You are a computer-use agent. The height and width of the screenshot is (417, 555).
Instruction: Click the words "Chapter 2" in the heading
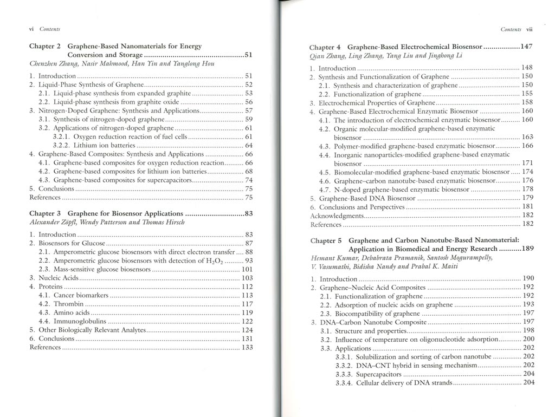[x=44, y=47]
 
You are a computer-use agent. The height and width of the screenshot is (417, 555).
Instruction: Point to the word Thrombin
[x=68, y=304]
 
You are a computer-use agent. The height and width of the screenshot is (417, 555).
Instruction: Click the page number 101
[x=247, y=269]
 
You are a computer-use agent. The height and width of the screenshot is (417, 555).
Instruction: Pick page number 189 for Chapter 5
[x=527, y=249]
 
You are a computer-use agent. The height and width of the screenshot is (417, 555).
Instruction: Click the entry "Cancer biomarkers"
[x=81, y=295]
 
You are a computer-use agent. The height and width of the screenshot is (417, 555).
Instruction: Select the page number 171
[x=527, y=164]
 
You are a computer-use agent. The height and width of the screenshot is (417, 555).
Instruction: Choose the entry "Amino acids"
[x=72, y=312]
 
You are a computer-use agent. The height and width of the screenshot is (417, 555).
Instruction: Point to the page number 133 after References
[x=247, y=347]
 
